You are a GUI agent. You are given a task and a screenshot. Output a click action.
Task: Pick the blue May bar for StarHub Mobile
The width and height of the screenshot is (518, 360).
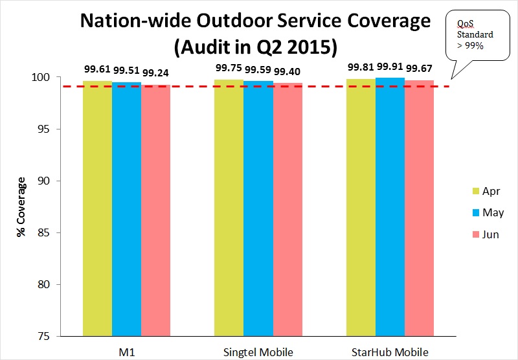(390, 207)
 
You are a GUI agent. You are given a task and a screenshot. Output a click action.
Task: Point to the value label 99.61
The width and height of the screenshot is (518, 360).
(97, 69)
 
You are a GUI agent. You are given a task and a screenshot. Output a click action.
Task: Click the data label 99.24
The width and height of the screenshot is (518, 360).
(155, 73)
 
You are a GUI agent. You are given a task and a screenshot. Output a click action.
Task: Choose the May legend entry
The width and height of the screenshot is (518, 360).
(485, 212)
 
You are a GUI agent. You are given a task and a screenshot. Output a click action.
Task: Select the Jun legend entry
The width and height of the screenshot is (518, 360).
(484, 234)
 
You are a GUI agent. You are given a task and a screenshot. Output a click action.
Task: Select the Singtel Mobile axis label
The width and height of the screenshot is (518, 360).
(258, 352)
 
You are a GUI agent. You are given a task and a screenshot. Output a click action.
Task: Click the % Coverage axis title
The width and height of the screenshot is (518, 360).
(21, 206)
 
